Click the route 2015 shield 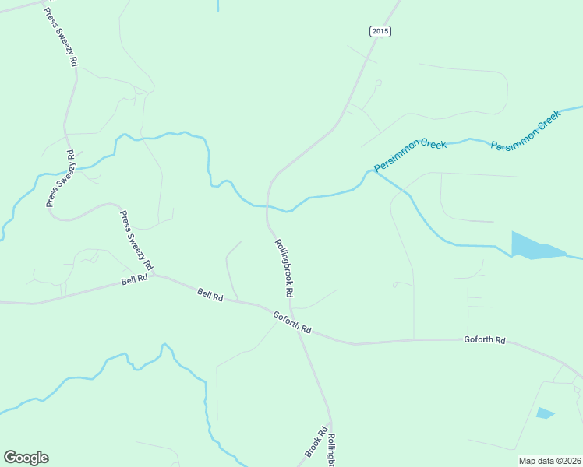pos(380,31)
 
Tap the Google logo pos(26,458)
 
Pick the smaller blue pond pos(545,413)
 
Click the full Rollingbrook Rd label pos(283,268)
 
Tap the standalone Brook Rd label pos(314,442)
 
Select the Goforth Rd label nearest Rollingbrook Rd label pos(292,322)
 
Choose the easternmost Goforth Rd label pos(485,340)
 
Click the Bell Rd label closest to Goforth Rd pos(210,295)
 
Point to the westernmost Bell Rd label pos(135,279)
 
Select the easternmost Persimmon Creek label pos(525,130)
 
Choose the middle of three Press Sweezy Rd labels pos(62,179)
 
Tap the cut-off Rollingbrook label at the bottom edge pos(331,451)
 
